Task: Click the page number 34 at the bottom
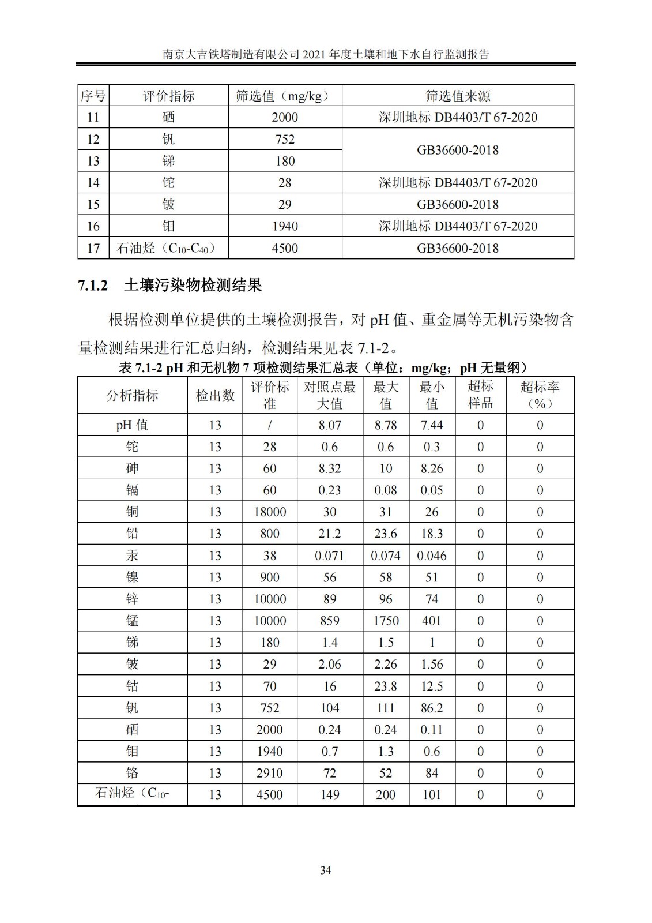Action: pos(326,870)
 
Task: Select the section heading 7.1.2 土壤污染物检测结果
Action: pos(170,285)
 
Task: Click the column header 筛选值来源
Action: pos(458,96)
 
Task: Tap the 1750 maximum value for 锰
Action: pos(386,621)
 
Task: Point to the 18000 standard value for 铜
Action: pos(270,512)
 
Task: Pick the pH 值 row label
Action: pos(132,425)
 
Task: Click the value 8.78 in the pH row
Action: pos(386,425)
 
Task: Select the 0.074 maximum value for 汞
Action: pos(386,556)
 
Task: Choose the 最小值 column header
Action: pos(432,395)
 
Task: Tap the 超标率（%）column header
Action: pos(540,395)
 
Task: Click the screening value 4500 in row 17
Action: pos(285,248)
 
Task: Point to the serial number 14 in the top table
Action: pos(93,182)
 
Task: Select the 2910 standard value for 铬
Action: pos(270,773)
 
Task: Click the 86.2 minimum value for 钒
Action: pos(432,708)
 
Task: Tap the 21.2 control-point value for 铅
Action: pos(330,534)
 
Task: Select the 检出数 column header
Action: pos(215,395)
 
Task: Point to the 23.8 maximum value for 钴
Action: pos(386,686)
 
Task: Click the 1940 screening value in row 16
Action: pos(285,226)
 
